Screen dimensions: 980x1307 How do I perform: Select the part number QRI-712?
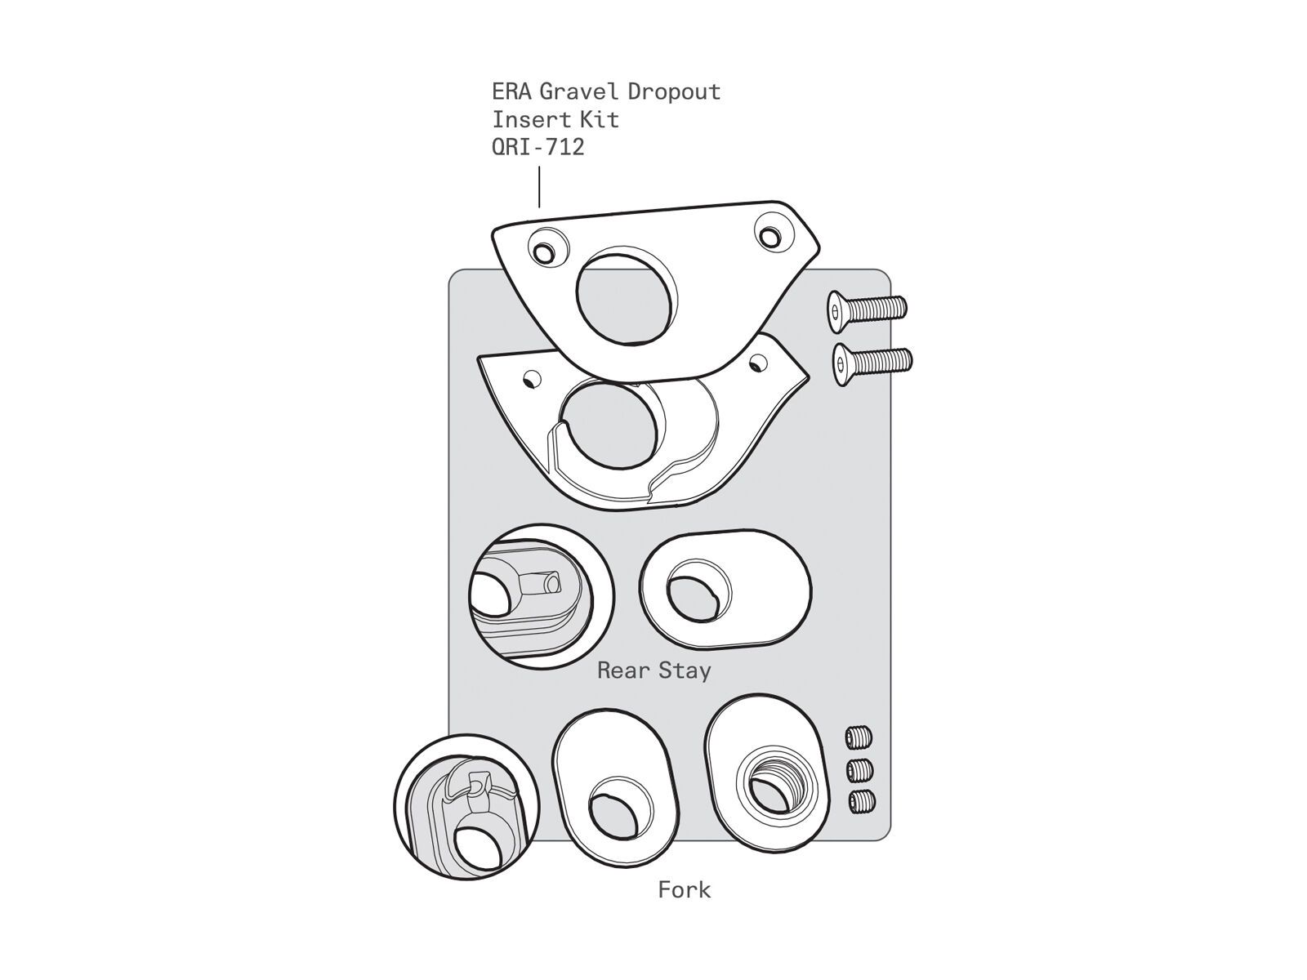coord(538,148)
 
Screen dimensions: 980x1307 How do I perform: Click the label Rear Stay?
coord(653,670)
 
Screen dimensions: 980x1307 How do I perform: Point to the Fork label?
coord(685,889)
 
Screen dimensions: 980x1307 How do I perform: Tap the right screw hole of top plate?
coord(769,234)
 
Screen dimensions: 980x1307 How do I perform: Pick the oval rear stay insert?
coord(725,590)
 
